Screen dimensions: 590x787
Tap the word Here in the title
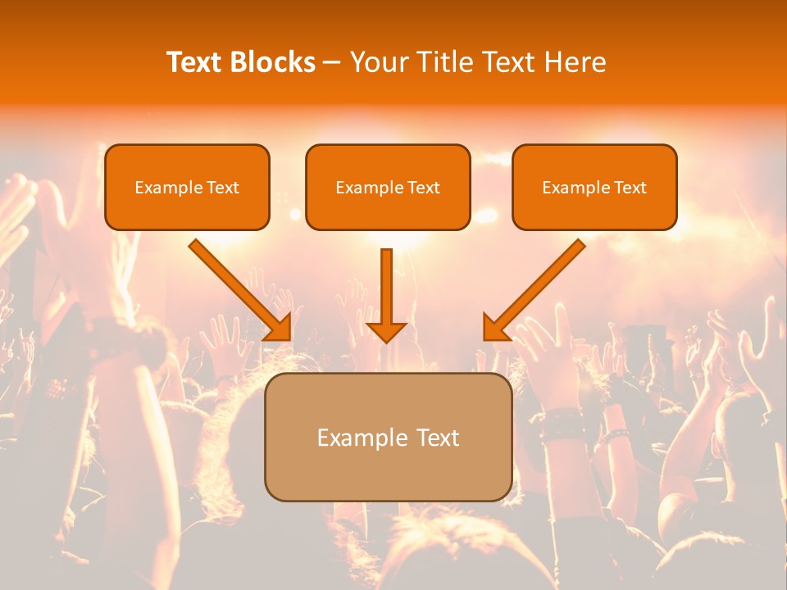[x=575, y=62]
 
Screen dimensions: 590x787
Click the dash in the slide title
[x=332, y=63]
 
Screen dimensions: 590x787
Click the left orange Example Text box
[x=187, y=187]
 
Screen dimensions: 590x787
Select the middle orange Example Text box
[x=388, y=187]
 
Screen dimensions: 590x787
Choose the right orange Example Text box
[x=594, y=187]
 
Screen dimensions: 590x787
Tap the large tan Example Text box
[x=388, y=437]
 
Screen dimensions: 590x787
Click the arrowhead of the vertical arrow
[x=386, y=330]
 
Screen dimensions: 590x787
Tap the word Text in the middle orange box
[x=424, y=188]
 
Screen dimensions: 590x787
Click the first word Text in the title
[x=195, y=62]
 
